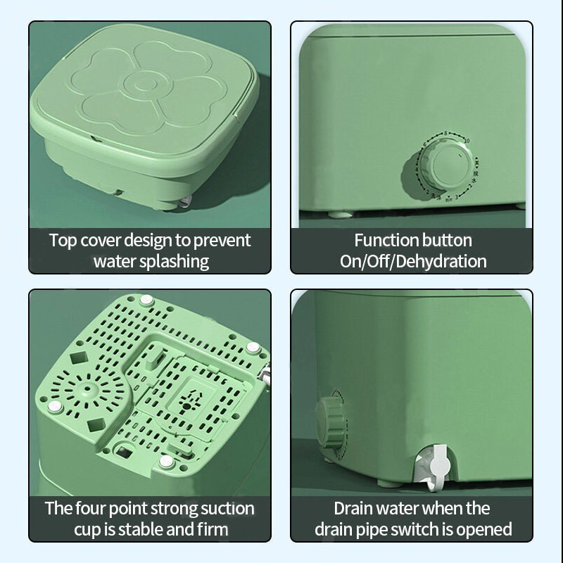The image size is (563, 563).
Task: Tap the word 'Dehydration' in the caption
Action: click(x=441, y=261)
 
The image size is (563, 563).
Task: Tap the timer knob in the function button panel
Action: click(x=447, y=165)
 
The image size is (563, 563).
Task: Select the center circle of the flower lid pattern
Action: click(x=146, y=84)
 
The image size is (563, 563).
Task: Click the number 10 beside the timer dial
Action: click(x=466, y=140)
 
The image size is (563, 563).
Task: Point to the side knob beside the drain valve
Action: click(x=330, y=424)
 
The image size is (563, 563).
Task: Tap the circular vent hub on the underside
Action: click(x=87, y=389)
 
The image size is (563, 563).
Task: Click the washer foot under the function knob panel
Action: click(x=340, y=215)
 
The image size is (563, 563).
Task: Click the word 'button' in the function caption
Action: click(x=447, y=240)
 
